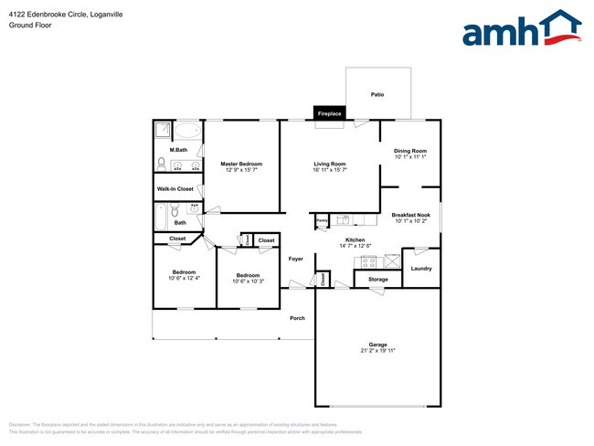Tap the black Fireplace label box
point(329,113)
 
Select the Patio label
point(377,94)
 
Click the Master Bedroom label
point(241,164)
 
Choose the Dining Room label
point(410,151)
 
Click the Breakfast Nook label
point(410,216)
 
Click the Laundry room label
point(421,268)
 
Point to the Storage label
point(377,279)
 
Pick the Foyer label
point(296,259)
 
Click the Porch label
point(297,318)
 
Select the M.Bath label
point(178,150)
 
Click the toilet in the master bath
point(161,165)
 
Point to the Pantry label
point(322,221)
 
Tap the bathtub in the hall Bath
point(161,218)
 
